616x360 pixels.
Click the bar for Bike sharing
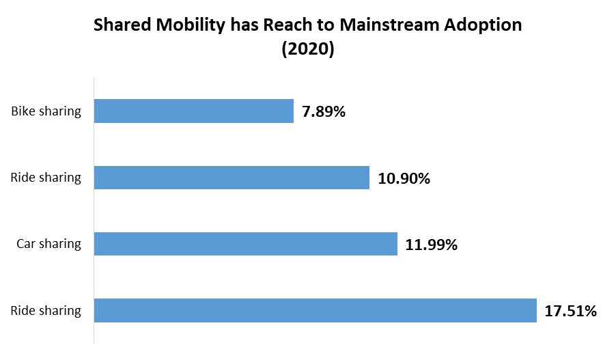point(193,111)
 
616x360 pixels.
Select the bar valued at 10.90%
point(232,178)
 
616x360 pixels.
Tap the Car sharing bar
point(245,244)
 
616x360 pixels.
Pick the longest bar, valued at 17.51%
point(315,310)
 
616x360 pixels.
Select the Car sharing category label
point(48,244)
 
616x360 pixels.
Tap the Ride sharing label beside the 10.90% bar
point(46,178)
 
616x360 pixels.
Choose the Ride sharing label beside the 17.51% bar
point(46,311)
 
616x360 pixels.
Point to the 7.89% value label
point(324,112)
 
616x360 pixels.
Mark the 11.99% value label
point(431,245)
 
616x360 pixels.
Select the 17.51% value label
point(570,311)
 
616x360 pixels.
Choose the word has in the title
point(234,25)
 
